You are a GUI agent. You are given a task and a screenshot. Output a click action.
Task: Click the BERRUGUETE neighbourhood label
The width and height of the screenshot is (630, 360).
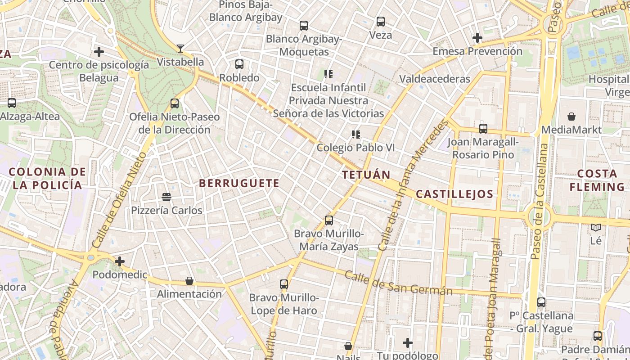[x=239, y=183]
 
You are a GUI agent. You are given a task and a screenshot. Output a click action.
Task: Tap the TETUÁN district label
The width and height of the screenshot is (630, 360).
[x=366, y=175]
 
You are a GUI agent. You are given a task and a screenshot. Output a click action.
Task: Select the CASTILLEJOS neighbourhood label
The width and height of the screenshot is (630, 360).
[x=454, y=194]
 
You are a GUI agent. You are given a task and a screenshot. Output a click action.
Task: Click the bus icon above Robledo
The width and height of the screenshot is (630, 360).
[x=239, y=64]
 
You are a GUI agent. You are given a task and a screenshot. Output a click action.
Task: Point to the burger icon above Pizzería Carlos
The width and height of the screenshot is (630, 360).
[x=166, y=197]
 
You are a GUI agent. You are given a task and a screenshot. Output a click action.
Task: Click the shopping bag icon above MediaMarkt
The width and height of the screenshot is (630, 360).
[x=571, y=117]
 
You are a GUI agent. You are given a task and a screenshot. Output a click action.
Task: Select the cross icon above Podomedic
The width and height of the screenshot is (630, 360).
[x=119, y=261]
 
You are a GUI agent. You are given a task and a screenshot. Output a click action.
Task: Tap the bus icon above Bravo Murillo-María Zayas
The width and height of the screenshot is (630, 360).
[x=329, y=220]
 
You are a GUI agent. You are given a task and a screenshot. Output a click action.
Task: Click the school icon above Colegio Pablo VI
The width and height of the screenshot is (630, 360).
[x=356, y=134]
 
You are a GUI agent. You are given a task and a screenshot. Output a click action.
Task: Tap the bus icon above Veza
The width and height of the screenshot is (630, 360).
[x=381, y=21]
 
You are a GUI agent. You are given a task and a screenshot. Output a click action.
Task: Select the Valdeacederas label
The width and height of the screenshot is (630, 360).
[x=435, y=79]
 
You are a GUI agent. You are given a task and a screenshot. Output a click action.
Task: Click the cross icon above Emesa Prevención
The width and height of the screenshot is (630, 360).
[x=477, y=38]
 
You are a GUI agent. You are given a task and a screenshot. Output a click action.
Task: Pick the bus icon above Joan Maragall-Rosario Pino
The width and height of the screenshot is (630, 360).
[x=483, y=129]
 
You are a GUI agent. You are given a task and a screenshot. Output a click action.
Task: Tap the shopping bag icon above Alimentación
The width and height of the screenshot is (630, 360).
[x=189, y=281]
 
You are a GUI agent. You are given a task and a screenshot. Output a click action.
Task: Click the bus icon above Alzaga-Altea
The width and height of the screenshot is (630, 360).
[x=12, y=103]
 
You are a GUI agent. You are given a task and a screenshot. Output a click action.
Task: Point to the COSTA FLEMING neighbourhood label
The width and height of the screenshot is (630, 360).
[x=597, y=180]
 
